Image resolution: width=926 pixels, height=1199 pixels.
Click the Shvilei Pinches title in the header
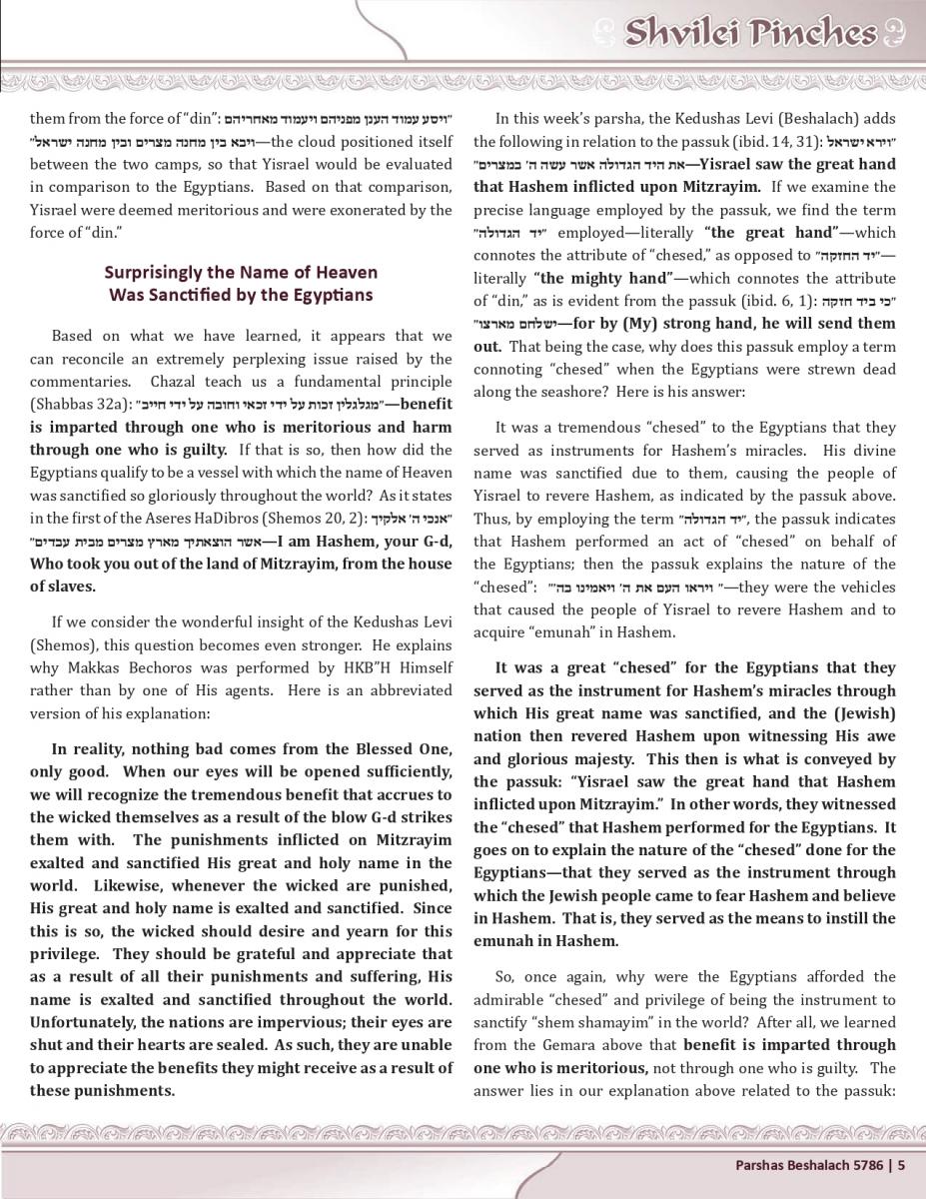click(x=751, y=34)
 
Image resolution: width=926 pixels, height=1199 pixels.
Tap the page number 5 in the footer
click(x=901, y=1164)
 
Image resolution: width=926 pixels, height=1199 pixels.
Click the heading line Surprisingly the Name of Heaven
click(x=241, y=272)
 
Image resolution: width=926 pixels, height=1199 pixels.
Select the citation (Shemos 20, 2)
click(x=320, y=518)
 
